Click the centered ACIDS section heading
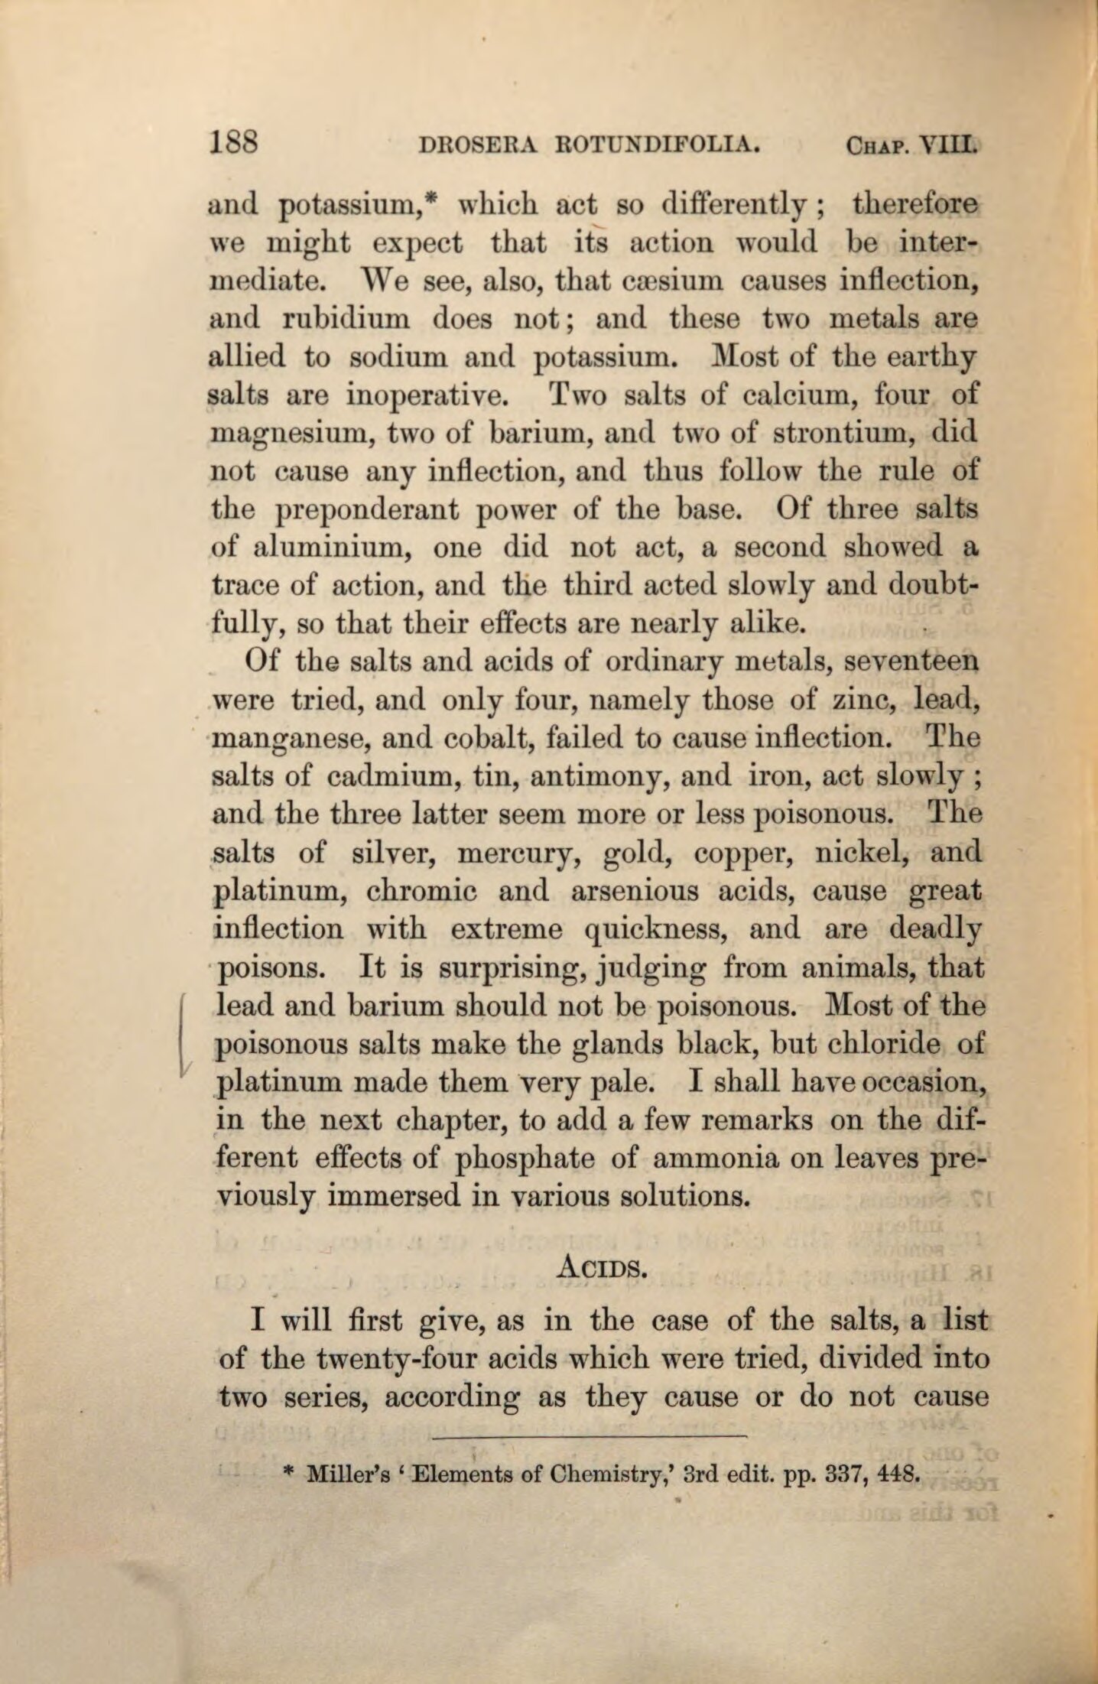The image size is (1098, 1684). pos(604,1270)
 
